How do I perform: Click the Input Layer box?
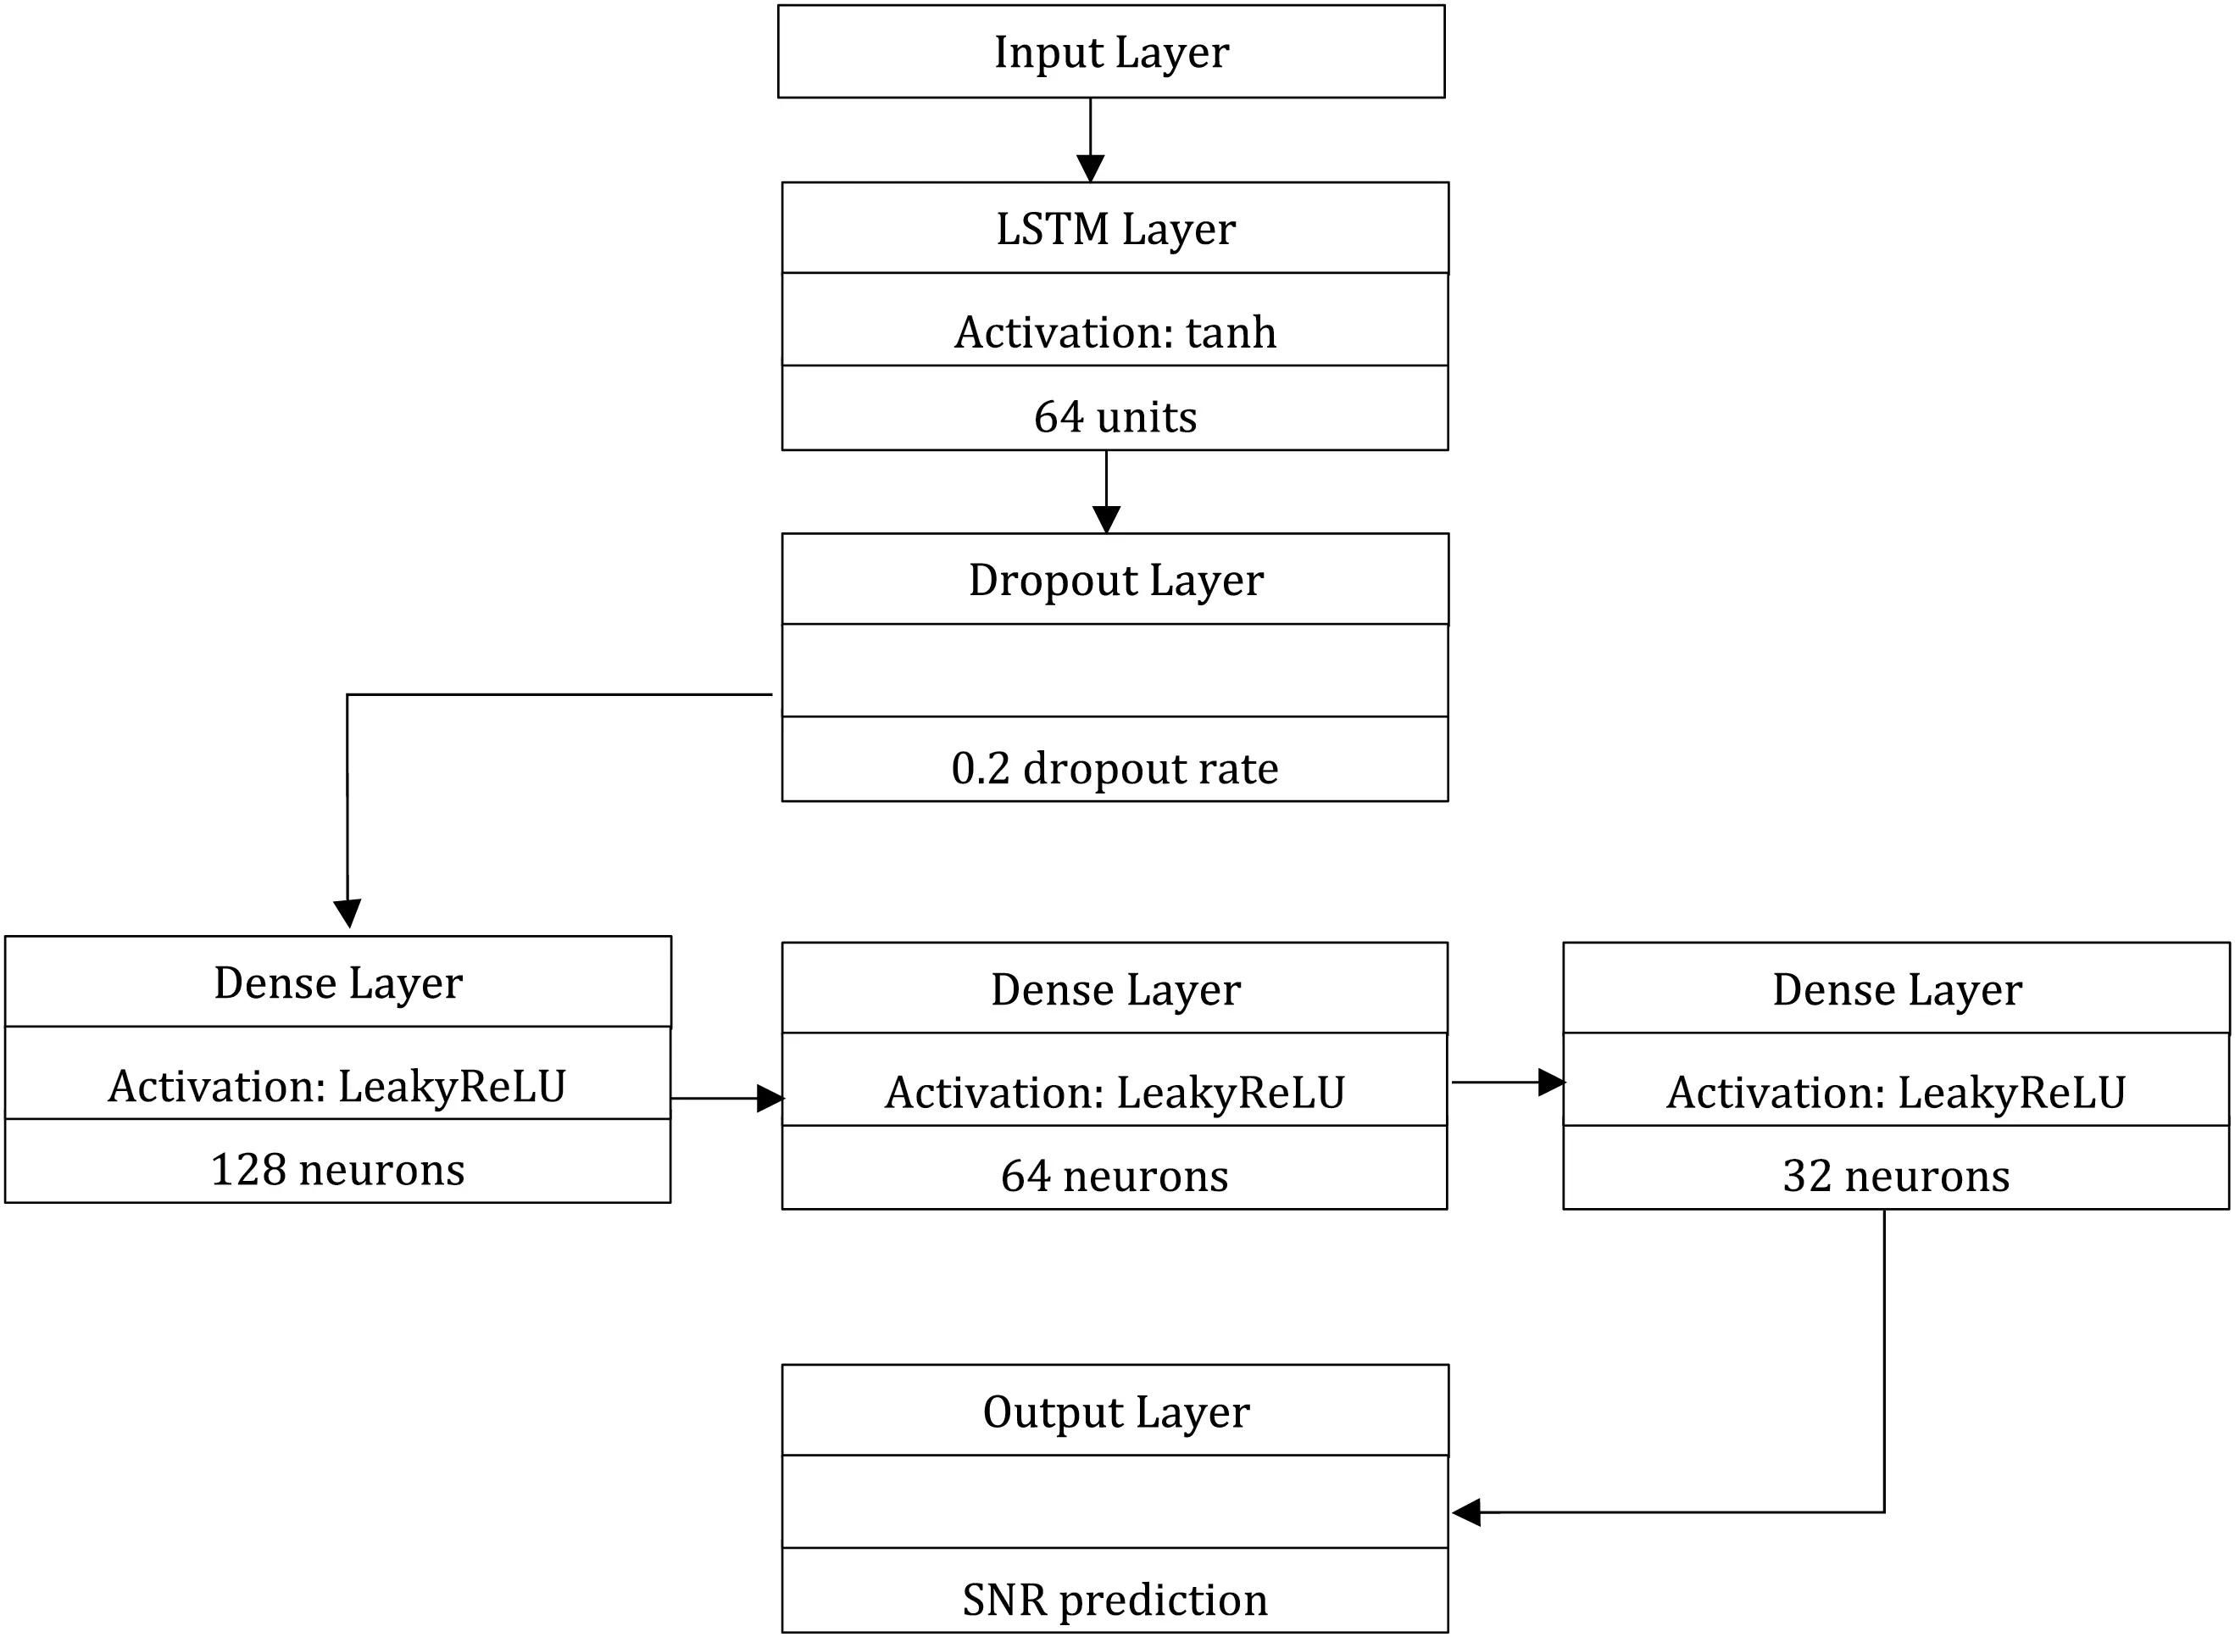click(x=1110, y=52)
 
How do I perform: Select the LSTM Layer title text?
click(x=1115, y=229)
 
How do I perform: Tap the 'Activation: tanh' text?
click(x=1115, y=332)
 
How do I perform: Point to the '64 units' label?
click(x=1115, y=416)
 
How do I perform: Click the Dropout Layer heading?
click(x=1115, y=580)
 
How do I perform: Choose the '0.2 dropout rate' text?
click(x=1115, y=768)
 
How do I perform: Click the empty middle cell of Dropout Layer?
click(x=1115, y=670)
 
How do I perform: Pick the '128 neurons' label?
click(x=338, y=1169)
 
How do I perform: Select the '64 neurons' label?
click(x=1115, y=1175)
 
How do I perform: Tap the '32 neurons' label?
click(x=1896, y=1175)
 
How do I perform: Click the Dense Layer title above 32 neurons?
click(x=1896, y=989)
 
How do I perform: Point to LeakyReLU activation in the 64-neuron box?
click(x=1115, y=1092)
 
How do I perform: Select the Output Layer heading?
click(x=1115, y=1411)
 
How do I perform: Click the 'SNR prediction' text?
click(x=1115, y=1600)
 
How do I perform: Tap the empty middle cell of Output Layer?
click(x=1115, y=1501)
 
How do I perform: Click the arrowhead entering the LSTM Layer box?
click(x=1090, y=169)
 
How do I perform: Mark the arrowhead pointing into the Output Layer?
click(x=1467, y=1512)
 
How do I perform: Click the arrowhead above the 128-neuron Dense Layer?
click(x=347, y=913)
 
